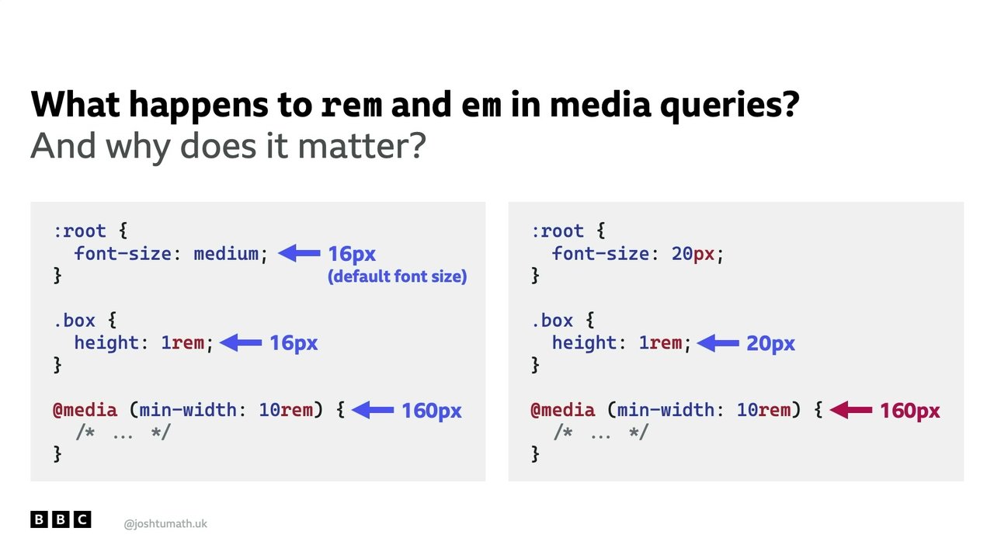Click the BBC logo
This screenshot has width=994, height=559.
coord(61,519)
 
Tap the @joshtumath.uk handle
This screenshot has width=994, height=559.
coord(165,524)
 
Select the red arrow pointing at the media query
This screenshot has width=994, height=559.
coord(850,410)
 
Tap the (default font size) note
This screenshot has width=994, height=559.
coord(397,276)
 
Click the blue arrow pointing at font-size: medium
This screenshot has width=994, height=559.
coord(299,253)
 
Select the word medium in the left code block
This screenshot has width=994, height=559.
coord(226,254)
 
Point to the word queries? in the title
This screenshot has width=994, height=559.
coord(729,106)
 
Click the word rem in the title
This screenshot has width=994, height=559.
coord(351,106)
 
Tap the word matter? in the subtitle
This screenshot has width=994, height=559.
coord(362,145)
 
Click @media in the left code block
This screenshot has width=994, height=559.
coord(85,410)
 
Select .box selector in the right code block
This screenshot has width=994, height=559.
coord(552,321)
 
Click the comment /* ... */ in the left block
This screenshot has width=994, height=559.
coord(123,432)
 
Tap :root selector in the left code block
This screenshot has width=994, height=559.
coord(80,231)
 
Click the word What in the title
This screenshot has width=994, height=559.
coord(75,105)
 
